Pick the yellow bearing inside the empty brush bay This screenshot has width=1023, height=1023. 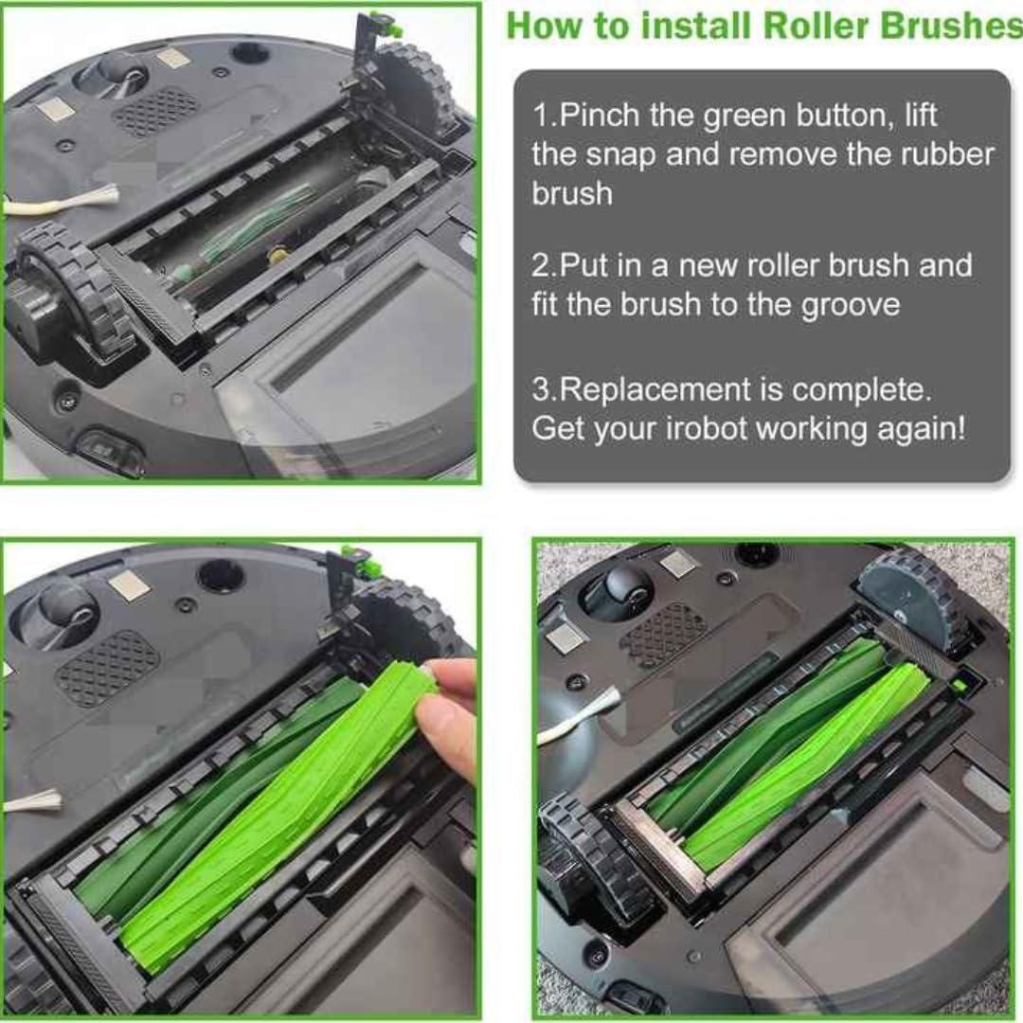(x=278, y=253)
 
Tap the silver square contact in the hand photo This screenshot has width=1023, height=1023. (x=128, y=584)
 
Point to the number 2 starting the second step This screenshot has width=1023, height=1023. (x=541, y=265)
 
